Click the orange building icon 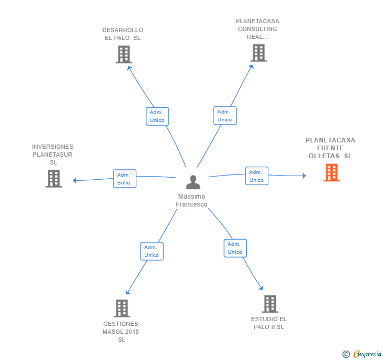point(331,172)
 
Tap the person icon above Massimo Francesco point(193,182)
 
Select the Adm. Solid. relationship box point(125,179)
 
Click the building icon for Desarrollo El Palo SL point(124,55)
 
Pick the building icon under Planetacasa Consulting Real point(259,53)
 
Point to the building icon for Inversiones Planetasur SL point(54,179)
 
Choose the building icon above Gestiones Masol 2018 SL point(122,308)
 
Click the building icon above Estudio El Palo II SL point(270,304)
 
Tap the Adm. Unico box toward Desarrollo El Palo point(157,116)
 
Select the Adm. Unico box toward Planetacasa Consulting point(225,116)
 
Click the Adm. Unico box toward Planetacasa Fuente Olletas point(257,176)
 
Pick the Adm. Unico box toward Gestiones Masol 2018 point(152,251)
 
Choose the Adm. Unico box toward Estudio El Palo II point(235,248)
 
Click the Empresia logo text point(367,354)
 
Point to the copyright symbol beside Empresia point(346,354)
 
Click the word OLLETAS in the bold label point(324,156)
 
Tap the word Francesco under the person point(191,204)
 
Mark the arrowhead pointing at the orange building point(304,176)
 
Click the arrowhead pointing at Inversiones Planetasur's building point(75,180)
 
